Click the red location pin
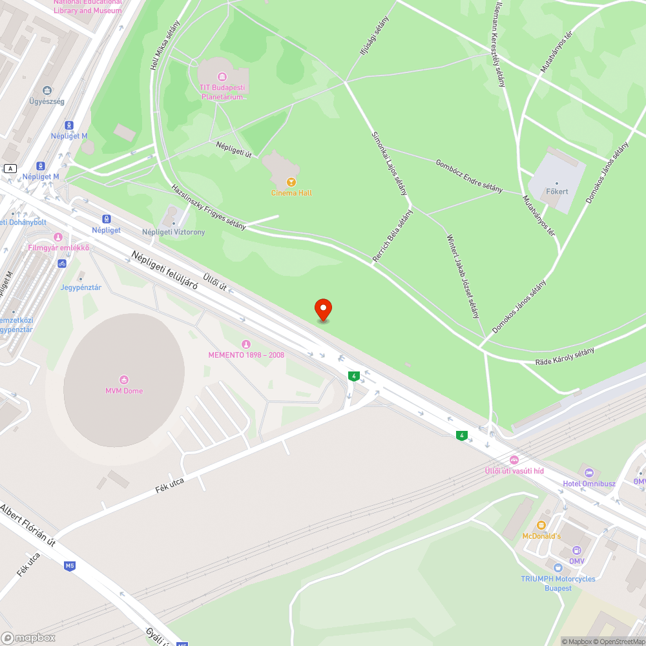tap(323, 309)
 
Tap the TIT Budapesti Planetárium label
tap(222, 92)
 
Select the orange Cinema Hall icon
tap(291, 182)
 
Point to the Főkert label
tap(557, 191)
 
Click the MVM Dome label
tap(124, 391)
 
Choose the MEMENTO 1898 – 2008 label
tap(246, 355)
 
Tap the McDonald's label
tap(541, 536)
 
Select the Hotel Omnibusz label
tap(589, 484)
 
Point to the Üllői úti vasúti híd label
tap(514, 471)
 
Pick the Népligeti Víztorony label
tap(174, 232)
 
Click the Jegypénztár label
tap(81, 287)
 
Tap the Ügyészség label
tap(47, 101)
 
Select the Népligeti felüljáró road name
tap(164, 269)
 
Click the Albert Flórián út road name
tap(28, 525)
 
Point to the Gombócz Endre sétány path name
tap(469, 176)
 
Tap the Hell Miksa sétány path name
tap(165, 43)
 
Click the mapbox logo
tap(28, 638)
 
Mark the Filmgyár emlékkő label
tap(58, 248)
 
